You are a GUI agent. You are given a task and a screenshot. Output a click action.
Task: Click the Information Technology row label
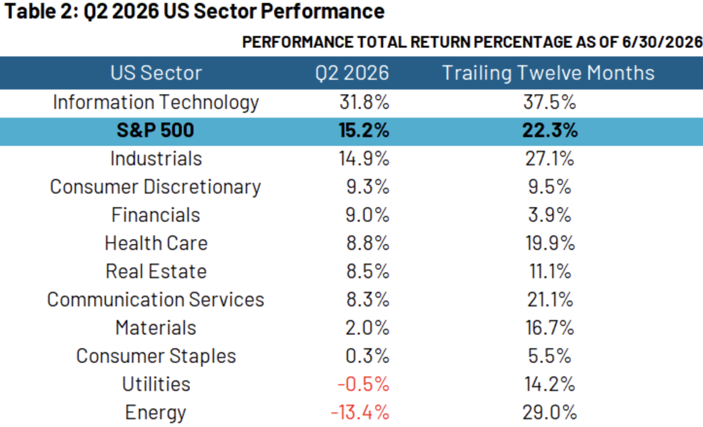click(156, 103)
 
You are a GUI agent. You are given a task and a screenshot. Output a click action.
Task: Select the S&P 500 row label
click(156, 130)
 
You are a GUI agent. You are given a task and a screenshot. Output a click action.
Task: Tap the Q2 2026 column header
click(352, 73)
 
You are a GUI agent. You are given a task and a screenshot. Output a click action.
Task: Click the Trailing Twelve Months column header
click(548, 73)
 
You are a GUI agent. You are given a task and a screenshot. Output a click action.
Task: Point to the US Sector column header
click(156, 73)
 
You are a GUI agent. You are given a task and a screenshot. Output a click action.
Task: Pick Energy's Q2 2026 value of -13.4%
click(360, 412)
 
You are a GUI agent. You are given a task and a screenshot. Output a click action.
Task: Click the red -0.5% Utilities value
click(364, 384)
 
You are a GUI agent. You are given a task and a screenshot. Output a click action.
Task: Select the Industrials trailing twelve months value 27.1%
click(550, 159)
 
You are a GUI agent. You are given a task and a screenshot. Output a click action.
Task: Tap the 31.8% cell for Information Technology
click(364, 102)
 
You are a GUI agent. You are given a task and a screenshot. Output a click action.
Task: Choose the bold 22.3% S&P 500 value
click(550, 130)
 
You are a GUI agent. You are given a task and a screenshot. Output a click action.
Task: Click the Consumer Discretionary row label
click(156, 187)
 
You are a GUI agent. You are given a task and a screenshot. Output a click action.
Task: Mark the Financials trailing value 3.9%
click(549, 215)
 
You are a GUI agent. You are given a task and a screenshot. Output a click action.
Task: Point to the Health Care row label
click(156, 243)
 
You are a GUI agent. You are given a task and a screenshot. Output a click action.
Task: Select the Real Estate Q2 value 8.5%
click(368, 271)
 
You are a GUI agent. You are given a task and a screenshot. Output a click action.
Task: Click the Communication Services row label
click(156, 300)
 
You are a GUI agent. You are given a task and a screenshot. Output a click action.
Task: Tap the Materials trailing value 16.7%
click(550, 328)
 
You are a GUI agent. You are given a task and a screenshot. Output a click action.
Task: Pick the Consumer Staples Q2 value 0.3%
click(368, 356)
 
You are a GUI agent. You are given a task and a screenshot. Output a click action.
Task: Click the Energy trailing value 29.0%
click(550, 412)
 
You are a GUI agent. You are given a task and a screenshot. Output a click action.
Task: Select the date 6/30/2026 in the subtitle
click(662, 42)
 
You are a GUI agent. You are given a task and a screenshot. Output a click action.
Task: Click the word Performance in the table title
click(322, 11)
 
